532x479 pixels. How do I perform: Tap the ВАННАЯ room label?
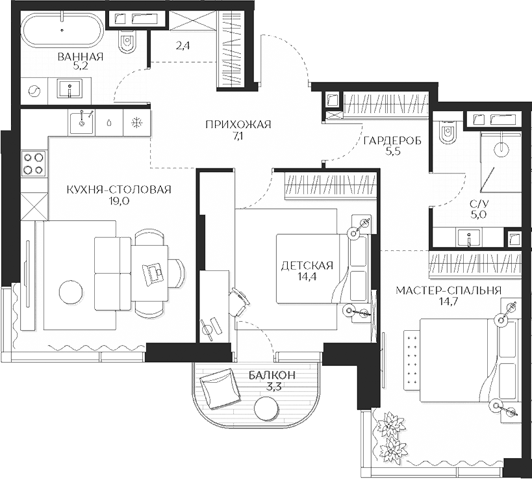pos(81,57)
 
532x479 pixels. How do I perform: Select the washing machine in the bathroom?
pos(35,91)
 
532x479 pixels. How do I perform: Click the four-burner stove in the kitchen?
pos(34,162)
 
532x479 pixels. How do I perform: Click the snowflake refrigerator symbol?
pos(137,122)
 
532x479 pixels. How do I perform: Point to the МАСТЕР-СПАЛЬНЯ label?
pos(449,290)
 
